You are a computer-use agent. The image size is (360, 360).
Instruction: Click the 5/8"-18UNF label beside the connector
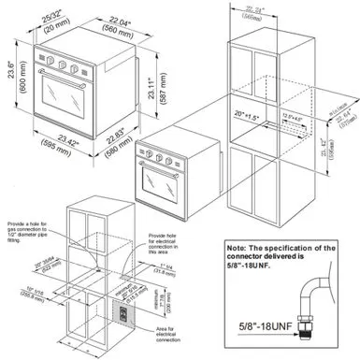(x=258, y=326)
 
